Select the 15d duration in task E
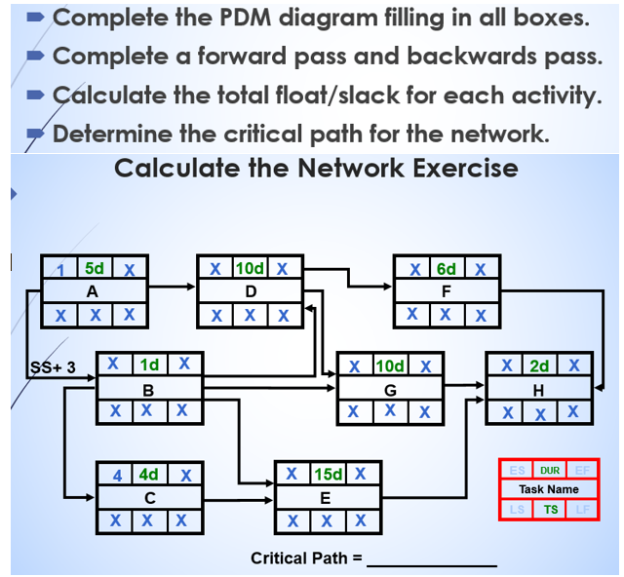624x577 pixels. (x=329, y=475)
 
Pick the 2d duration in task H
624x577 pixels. (x=539, y=365)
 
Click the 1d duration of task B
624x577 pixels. (x=149, y=365)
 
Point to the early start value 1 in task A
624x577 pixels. (x=60, y=268)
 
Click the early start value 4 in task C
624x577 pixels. (x=117, y=475)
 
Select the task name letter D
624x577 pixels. (x=251, y=290)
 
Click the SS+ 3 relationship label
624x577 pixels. (x=50, y=366)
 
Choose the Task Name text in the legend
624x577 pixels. (x=549, y=489)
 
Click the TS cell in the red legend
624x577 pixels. (x=550, y=510)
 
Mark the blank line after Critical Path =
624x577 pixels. (x=431, y=561)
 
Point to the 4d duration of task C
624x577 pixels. (x=149, y=475)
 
